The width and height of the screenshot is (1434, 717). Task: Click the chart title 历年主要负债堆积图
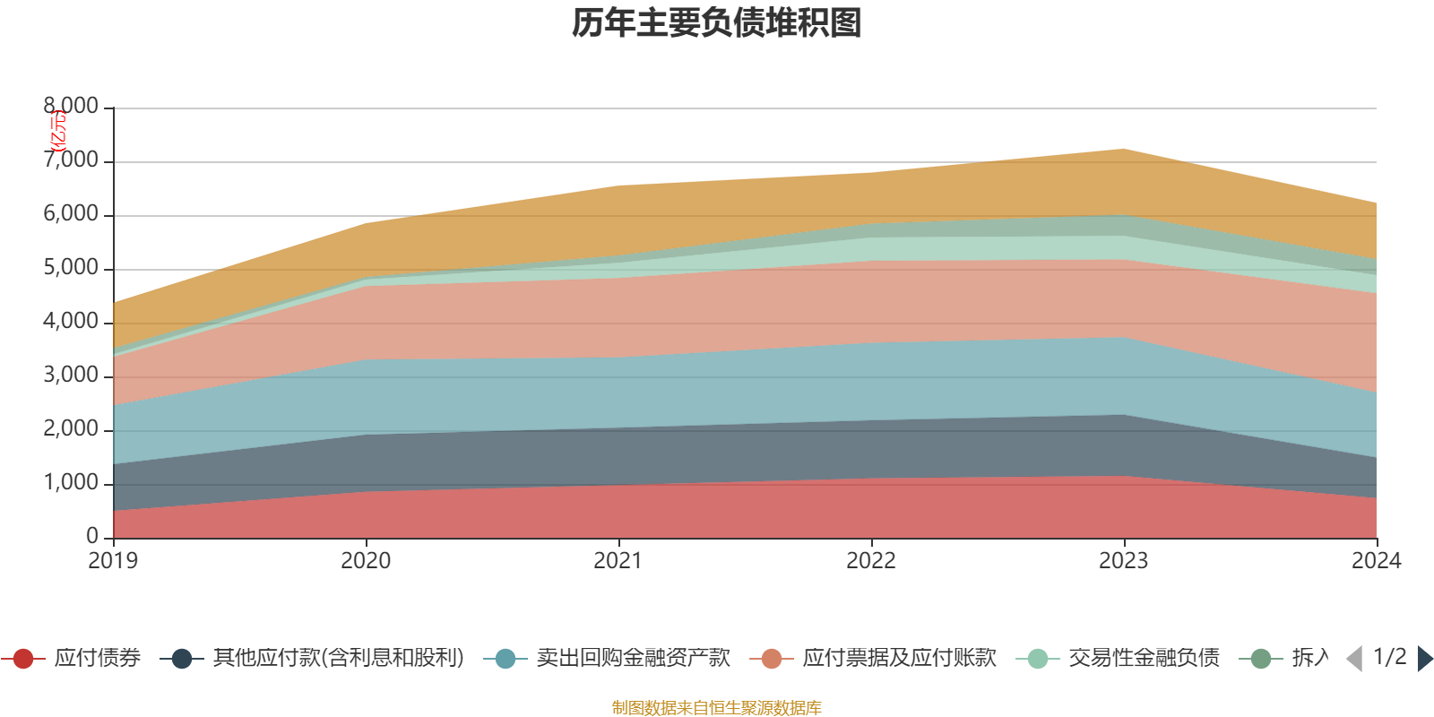717,23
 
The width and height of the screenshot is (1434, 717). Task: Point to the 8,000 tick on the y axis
72,107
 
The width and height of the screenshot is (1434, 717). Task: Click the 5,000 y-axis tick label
72,268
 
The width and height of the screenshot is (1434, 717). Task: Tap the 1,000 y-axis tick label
72,483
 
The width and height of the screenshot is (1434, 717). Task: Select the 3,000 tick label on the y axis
72,376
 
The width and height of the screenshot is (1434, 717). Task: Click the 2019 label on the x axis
113,561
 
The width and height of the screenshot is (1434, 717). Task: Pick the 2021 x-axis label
618,561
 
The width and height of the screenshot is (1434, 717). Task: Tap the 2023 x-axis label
1124,561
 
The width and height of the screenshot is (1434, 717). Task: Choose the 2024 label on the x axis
1376,561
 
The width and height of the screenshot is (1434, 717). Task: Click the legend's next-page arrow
1425,659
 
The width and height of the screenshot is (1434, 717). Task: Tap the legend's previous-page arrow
1354,659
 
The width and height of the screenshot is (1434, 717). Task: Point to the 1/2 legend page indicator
1389,657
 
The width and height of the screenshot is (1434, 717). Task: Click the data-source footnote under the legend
717,708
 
